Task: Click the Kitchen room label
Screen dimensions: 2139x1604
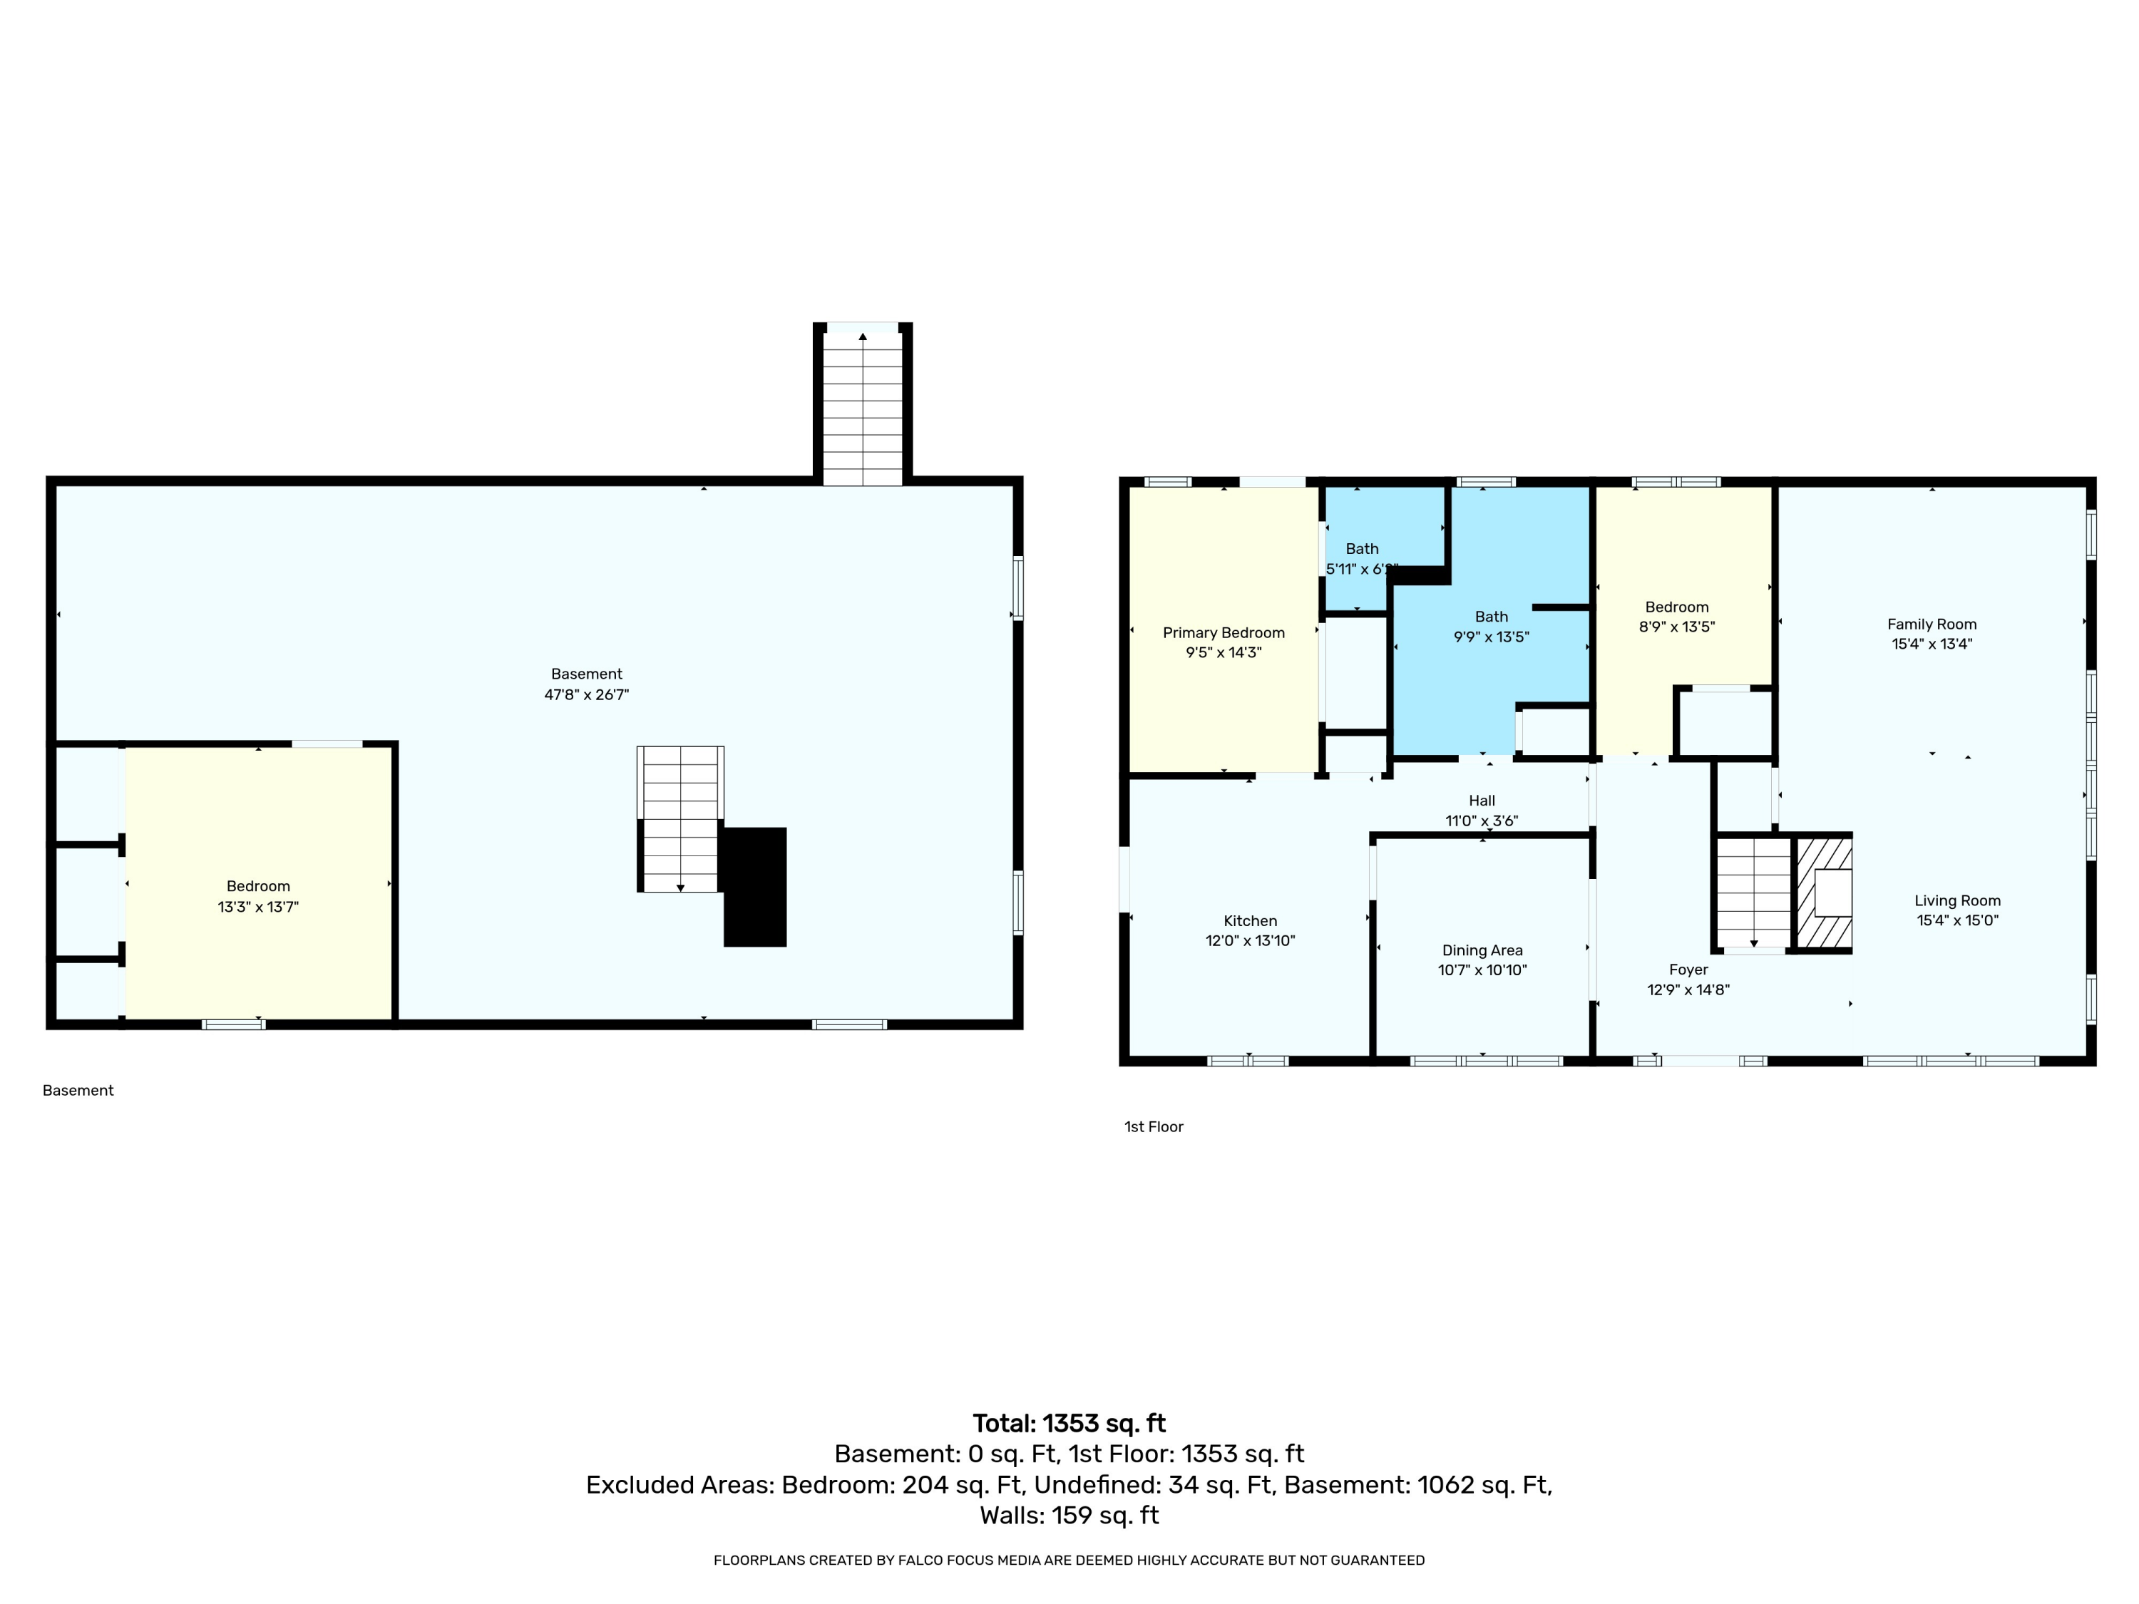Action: pyautogui.click(x=1251, y=921)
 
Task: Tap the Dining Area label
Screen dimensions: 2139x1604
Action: pyautogui.click(x=1482, y=950)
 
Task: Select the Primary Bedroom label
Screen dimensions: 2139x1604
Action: pyautogui.click(x=1224, y=632)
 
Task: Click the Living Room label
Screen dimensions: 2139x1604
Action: pyautogui.click(x=1957, y=901)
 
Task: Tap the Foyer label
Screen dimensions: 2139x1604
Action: pyautogui.click(x=1688, y=970)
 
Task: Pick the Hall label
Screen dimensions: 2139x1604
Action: pyautogui.click(x=1482, y=801)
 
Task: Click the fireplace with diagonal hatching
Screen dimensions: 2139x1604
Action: pyautogui.click(x=1824, y=893)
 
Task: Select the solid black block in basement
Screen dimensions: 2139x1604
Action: pyautogui.click(x=754, y=887)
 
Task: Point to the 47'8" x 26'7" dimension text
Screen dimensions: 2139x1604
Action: pyautogui.click(x=587, y=694)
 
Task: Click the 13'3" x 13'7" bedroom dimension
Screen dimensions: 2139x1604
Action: pyautogui.click(x=258, y=907)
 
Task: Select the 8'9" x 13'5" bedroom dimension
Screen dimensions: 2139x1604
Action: pyautogui.click(x=1677, y=627)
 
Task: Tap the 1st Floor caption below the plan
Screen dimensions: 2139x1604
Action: pyautogui.click(x=1154, y=1126)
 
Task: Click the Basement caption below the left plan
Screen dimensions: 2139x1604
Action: pyautogui.click(x=78, y=1091)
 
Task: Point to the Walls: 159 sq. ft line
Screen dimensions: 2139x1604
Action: pyautogui.click(x=1069, y=1515)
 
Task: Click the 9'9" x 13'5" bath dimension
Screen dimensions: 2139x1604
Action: pyautogui.click(x=1491, y=637)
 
